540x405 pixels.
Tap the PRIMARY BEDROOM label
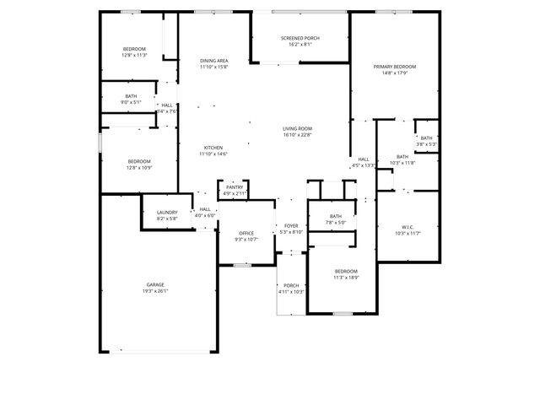click(395, 67)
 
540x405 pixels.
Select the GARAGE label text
click(155, 285)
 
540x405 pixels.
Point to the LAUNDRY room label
click(167, 213)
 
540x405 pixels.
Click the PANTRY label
click(234, 187)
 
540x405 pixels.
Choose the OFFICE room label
click(246, 233)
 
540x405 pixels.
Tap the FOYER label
click(291, 226)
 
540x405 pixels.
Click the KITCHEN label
click(213, 148)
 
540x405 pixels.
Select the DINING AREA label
click(213, 61)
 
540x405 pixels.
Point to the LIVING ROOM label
click(297, 128)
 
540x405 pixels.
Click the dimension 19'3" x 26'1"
click(155, 292)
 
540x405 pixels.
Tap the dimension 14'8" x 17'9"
click(395, 73)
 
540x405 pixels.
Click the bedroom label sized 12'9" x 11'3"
click(134, 49)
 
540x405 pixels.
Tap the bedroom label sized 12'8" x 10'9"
click(139, 161)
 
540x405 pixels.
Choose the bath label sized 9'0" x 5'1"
click(131, 96)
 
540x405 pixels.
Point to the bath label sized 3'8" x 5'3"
click(426, 138)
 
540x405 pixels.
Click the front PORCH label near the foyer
click(291, 285)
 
